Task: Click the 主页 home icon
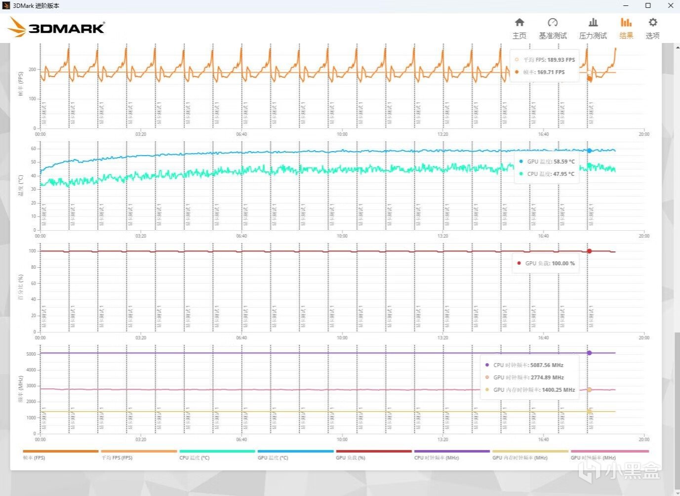[519, 23]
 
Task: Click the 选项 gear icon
[653, 23]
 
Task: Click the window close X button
[671, 5]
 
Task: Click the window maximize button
[648, 5]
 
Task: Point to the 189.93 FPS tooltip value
[561, 60]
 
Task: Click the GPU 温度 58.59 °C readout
[551, 162]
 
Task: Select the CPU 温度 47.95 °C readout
[551, 174]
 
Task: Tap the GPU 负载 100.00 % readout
[550, 263]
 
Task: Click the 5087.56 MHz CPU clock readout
[547, 365]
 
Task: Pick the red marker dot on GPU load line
[589, 251]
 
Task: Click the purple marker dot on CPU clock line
[589, 353]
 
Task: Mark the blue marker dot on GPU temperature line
[589, 151]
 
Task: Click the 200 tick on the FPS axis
[33, 70]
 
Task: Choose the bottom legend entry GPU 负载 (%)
[351, 458]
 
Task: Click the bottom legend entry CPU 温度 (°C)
[195, 458]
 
